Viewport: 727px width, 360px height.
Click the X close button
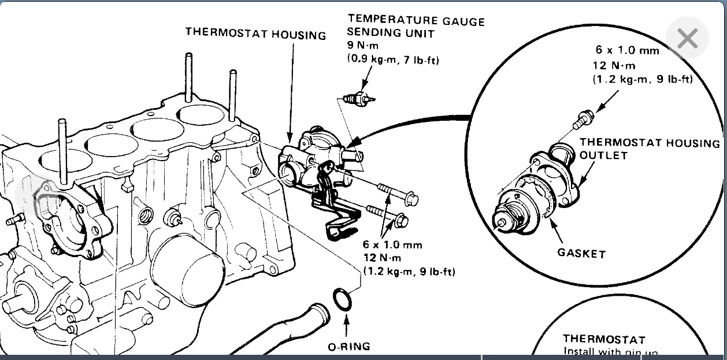(687, 39)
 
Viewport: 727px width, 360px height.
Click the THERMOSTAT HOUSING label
(255, 34)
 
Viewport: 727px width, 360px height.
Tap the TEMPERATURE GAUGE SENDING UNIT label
(416, 27)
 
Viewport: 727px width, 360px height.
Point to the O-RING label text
(348, 347)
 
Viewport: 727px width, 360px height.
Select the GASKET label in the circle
(581, 253)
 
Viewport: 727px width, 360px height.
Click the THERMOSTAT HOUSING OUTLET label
(650, 149)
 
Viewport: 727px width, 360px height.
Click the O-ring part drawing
(342, 301)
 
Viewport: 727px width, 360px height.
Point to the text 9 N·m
(362, 47)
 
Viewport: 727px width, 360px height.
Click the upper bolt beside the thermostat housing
(399, 194)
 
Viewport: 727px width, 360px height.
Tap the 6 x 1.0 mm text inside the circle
(628, 50)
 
